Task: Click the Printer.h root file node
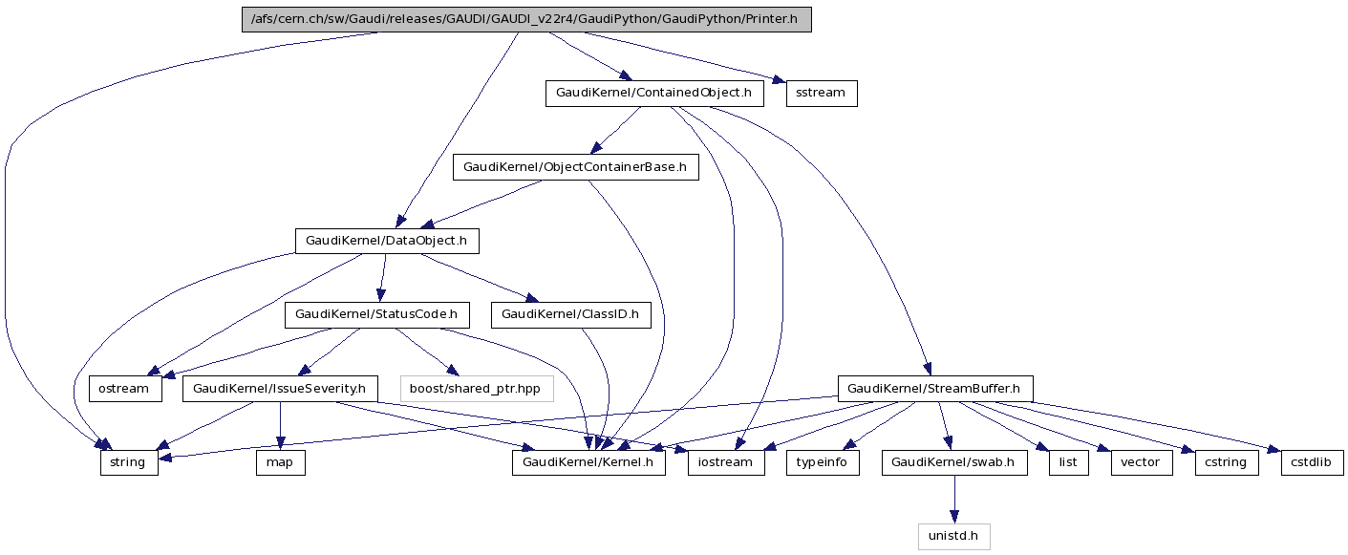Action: coord(526,20)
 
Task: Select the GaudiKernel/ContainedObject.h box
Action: coord(654,94)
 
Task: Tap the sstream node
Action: coord(821,94)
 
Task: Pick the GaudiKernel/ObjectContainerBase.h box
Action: coord(575,167)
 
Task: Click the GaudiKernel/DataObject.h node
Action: coord(386,241)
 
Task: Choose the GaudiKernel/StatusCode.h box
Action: coord(376,314)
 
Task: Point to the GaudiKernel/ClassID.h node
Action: coord(569,314)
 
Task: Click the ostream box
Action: coord(125,389)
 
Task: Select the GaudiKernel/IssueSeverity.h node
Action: coord(280,389)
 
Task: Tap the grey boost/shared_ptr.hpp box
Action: coord(476,389)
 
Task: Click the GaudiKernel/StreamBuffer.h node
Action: coord(934,389)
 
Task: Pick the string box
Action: coord(128,462)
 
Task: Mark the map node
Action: coord(280,462)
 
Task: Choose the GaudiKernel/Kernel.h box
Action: coord(588,462)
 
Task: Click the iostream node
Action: coord(726,462)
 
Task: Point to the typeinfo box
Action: coord(824,462)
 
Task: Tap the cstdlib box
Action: coord(1313,462)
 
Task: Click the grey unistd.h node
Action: coord(952,536)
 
